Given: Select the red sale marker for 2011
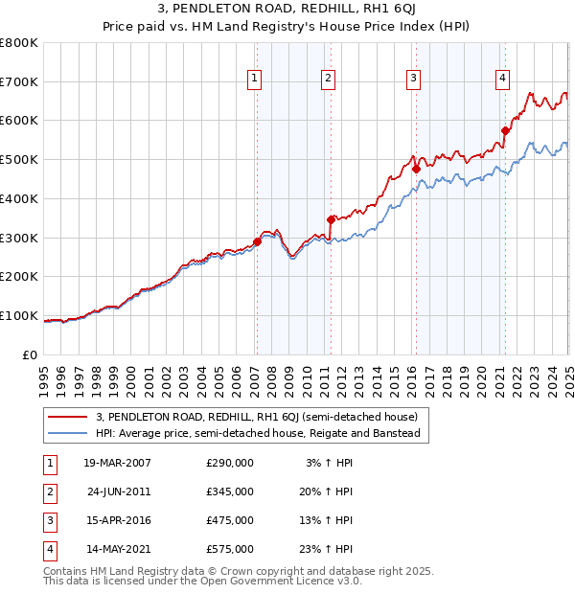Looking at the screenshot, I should click(x=331, y=219).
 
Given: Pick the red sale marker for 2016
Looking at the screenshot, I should click(x=416, y=169).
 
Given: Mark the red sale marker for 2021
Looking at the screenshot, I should click(x=505, y=129).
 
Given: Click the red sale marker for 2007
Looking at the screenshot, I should click(x=257, y=241).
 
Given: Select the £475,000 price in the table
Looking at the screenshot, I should click(x=229, y=520).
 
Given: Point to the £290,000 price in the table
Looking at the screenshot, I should click(x=229, y=462).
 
